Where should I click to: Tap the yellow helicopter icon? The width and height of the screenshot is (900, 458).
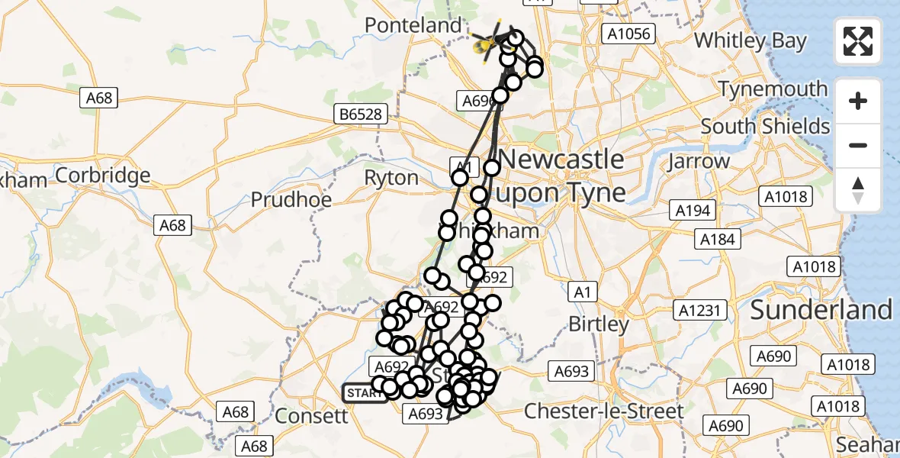tap(489, 40)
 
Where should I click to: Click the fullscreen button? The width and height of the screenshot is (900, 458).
tap(858, 41)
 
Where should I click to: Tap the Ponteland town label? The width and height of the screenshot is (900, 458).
tap(413, 25)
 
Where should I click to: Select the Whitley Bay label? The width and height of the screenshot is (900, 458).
tap(750, 40)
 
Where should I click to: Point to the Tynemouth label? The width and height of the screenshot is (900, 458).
tap(772, 89)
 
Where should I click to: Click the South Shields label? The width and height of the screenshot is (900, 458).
tap(765, 126)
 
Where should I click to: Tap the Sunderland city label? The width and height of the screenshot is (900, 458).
tap(821, 309)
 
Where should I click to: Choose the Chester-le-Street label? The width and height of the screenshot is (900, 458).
tap(604, 411)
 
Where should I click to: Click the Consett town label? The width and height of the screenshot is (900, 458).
tap(310, 416)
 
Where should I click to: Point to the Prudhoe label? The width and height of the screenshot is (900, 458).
tap(291, 200)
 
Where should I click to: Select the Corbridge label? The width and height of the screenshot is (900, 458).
tap(103, 176)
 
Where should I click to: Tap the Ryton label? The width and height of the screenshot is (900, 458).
tap(391, 179)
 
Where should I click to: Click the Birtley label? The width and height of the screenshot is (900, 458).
tap(599, 324)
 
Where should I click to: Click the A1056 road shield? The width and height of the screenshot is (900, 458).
tap(628, 33)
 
